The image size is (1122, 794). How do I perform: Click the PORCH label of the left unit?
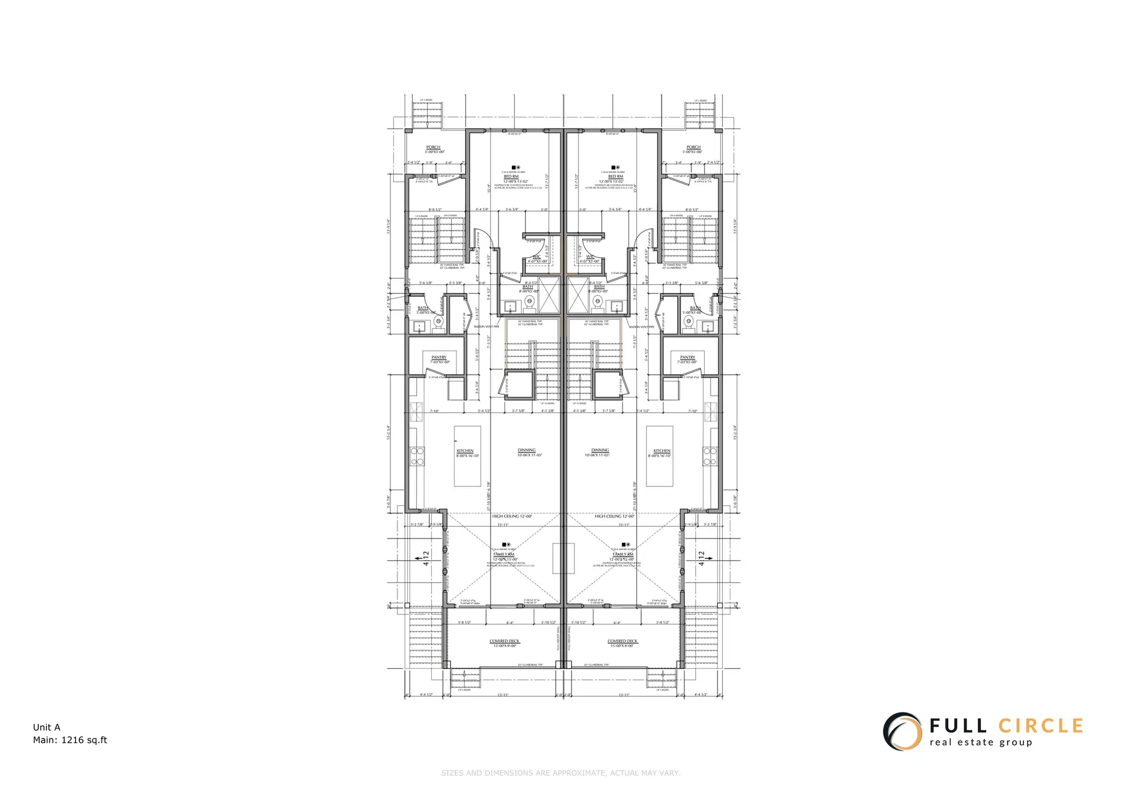click(433, 147)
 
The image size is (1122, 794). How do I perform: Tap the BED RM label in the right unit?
click(615, 176)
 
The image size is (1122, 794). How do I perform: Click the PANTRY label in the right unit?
click(687, 357)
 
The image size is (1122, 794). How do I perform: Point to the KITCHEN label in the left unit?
click(465, 451)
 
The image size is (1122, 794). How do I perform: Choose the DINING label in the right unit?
click(600, 450)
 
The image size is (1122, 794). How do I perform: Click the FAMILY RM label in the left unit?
click(504, 554)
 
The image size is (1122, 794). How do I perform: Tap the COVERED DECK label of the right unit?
click(623, 641)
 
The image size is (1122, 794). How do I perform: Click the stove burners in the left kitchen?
click(418, 455)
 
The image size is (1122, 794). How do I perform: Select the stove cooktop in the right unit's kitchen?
click(709, 455)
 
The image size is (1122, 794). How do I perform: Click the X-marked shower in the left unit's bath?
click(549, 296)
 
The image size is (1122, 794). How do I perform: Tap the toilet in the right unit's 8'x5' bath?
click(597, 302)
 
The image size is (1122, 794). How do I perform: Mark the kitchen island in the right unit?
click(659, 455)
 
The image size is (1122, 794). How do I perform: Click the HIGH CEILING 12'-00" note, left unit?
click(512, 516)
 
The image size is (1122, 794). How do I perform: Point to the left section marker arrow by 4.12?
click(419, 559)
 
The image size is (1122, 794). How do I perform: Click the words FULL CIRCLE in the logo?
click(1006, 726)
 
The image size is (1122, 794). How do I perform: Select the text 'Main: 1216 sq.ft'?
click(70, 740)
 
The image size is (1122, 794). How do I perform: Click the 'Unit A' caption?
click(47, 727)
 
